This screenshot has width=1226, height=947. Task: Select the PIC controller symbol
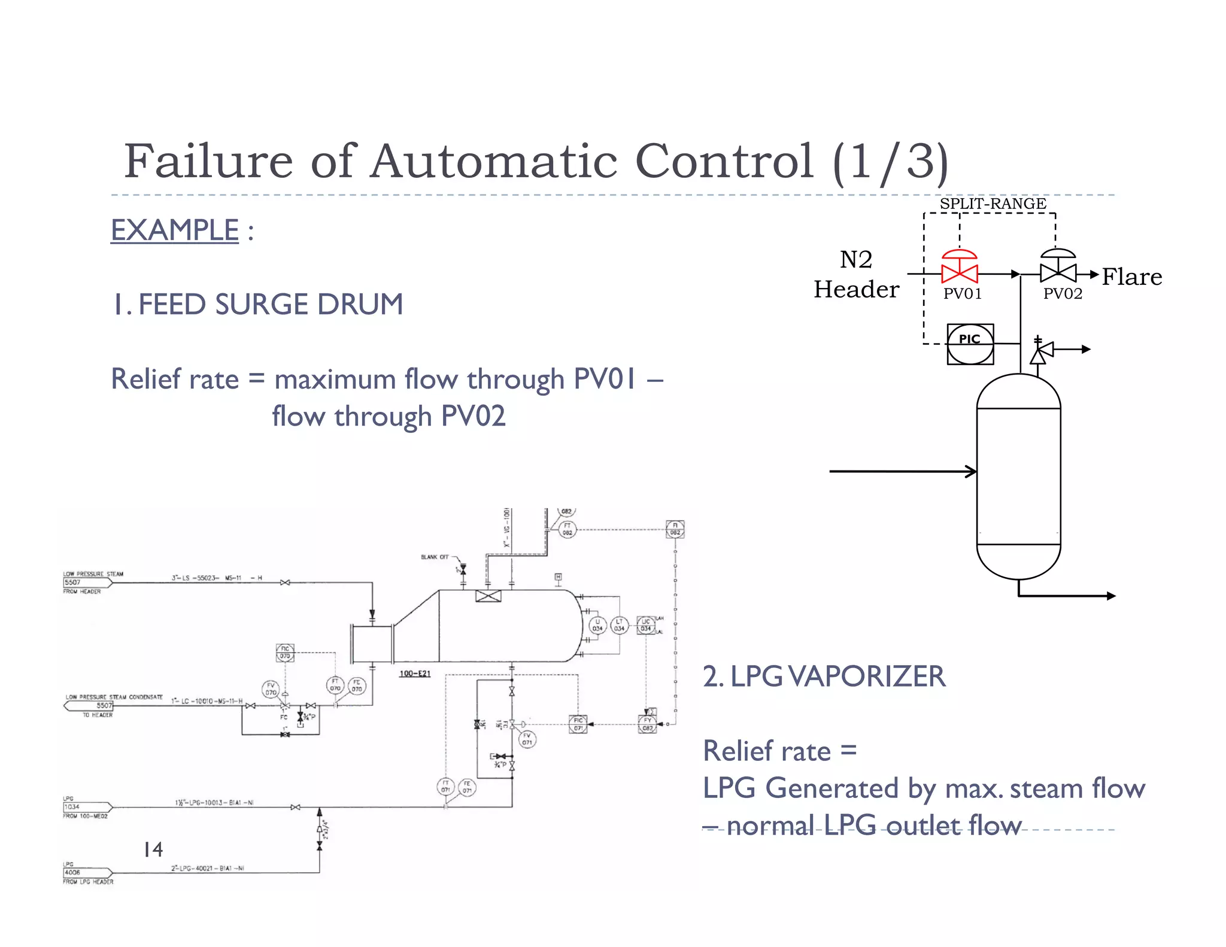[x=970, y=344]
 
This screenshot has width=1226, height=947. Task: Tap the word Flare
[x=1131, y=277]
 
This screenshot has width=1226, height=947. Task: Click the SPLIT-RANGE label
[x=993, y=204]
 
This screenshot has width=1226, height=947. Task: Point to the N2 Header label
[x=856, y=275]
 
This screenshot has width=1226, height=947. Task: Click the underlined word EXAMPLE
[x=175, y=230]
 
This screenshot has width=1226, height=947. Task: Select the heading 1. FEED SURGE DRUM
[x=257, y=304]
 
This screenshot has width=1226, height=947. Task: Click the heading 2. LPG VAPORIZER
[x=824, y=676]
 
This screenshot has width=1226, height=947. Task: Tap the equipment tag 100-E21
[x=415, y=673]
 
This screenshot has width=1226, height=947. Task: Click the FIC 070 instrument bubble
[x=285, y=652]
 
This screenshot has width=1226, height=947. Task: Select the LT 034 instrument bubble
[x=619, y=625]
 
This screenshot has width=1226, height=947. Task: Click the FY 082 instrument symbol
[x=648, y=724]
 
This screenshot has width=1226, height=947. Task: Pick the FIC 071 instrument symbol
[x=578, y=724]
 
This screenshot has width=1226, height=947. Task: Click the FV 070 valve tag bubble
[x=271, y=689]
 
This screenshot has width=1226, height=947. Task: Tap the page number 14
[x=153, y=849]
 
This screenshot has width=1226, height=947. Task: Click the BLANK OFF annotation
[x=435, y=557]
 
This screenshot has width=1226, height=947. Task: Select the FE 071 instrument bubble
[x=467, y=787]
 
